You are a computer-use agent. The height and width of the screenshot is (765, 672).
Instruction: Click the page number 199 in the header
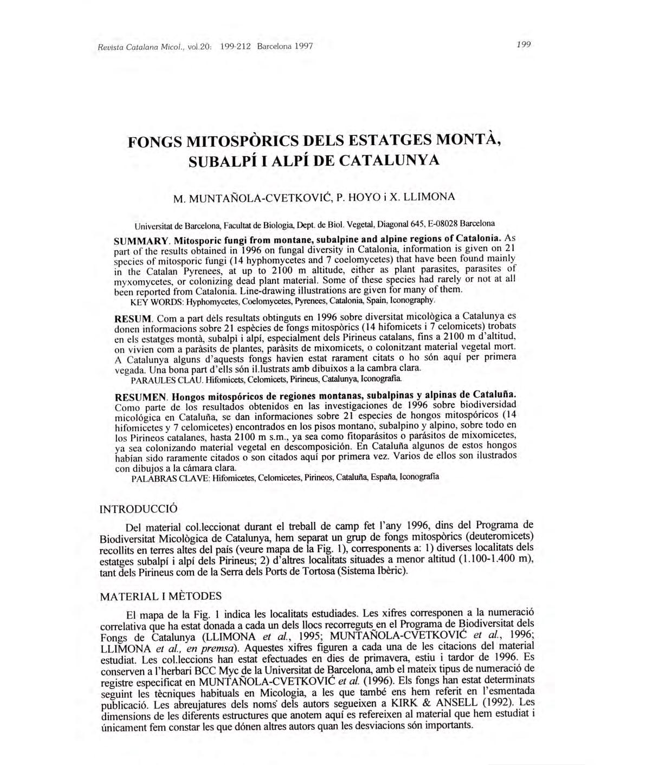pyautogui.click(x=524, y=46)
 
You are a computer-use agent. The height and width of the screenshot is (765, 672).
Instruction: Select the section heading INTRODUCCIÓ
pyautogui.click(x=139, y=509)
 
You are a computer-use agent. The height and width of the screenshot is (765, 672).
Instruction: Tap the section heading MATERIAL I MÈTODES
pyautogui.click(x=161, y=597)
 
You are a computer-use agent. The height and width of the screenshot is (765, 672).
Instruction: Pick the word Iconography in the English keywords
pyautogui.click(x=413, y=300)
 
